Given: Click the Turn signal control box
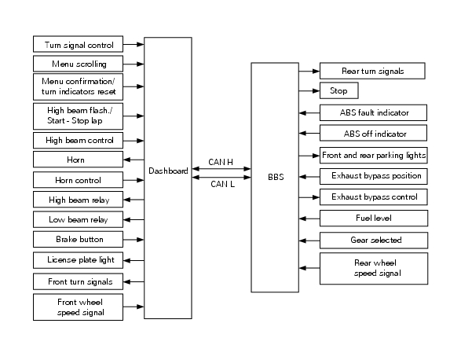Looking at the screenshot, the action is click(x=78, y=44).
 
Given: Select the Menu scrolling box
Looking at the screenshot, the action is click(x=78, y=64).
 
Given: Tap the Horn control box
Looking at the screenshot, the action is click(x=78, y=180).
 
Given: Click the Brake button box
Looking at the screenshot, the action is click(x=78, y=239).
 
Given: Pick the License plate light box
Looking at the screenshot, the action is click(x=78, y=260).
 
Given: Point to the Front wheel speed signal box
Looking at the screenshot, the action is click(x=78, y=307).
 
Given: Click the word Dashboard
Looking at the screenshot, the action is click(x=168, y=171).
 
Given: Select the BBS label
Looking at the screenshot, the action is click(x=276, y=177).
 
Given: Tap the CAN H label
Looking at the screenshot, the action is click(x=221, y=162).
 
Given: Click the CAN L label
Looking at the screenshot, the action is click(x=222, y=184).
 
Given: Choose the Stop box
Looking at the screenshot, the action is click(x=339, y=90).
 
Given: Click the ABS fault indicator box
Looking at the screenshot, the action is click(x=373, y=112).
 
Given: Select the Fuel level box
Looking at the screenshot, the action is click(x=374, y=218).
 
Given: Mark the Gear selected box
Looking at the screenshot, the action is click(x=374, y=241).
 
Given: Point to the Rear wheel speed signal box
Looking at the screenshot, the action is click(x=374, y=269).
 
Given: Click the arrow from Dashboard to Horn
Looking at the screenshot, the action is click(x=134, y=160).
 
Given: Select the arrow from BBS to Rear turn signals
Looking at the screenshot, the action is click(x=309, y=71).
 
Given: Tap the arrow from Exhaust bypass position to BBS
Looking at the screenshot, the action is click(x=309, y=177).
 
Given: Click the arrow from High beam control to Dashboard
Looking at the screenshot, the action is click(x=134, y=141).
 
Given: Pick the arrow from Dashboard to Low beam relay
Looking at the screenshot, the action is click(x=134, y=219).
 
